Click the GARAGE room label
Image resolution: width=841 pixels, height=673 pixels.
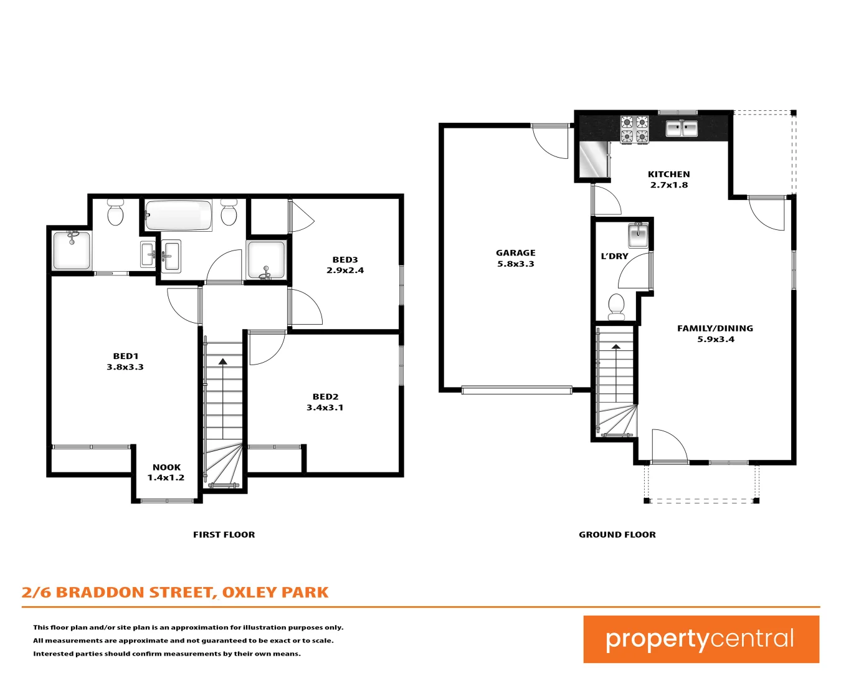tap(515, 258)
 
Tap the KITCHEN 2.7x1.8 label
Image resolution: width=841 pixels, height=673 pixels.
tap(668, 179)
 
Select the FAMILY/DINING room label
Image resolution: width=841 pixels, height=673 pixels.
tap(715, 333)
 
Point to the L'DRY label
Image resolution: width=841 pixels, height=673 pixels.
tap(614, 256)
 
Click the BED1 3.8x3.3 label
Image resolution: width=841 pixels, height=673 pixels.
tap(125, 361)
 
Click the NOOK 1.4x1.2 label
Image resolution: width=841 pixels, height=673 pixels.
tap(166, 472)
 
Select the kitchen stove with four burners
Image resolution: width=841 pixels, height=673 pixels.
tap(634, 130)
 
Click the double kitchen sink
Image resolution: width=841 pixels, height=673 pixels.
tap(681, 129)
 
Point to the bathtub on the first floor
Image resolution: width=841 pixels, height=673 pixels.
tap(178, 215)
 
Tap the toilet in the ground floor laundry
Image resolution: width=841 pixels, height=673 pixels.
tap(615, 306)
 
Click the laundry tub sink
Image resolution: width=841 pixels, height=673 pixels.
tap(638, 236)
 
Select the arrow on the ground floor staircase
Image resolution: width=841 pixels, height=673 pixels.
tap(616, 347)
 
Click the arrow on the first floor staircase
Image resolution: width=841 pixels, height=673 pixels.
tap(222, 361)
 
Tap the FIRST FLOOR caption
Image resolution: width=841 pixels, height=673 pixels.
tap(224, 535)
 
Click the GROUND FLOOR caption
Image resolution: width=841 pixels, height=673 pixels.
tap(617, 535)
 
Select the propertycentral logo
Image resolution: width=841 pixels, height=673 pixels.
tap(700, 639)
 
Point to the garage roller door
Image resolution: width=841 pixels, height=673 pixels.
tap(516, 391)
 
